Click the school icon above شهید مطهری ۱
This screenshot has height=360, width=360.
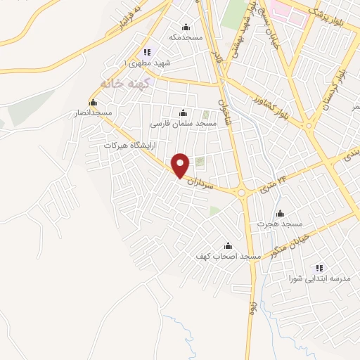(x=146, y=52)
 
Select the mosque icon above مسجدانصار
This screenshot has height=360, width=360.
(x=93, y=103)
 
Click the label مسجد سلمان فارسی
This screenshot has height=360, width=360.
(x=184, y=122)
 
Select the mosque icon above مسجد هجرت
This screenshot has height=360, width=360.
(x=281, y=214)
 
